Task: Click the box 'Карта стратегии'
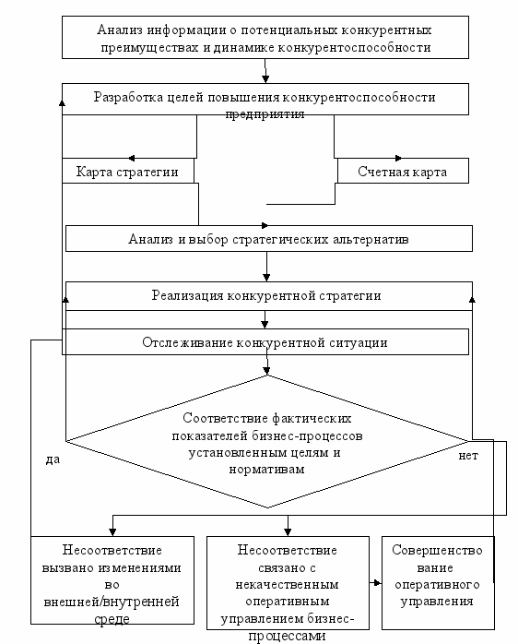click(127, 171)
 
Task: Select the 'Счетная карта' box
click(403, 171)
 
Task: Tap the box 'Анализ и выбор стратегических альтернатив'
click(269, 238)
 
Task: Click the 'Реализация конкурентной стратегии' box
click(269, 296)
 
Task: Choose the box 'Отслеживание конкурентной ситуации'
click(265, 341)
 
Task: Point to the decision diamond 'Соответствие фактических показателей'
click(266, 442)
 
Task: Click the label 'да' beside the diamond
click(53, 459)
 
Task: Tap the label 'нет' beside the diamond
click(468, 456)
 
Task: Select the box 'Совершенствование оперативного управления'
click(438, 583)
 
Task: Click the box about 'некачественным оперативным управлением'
click(288, 583)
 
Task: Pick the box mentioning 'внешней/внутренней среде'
click(112, 580)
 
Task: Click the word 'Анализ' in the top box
click(120, 30)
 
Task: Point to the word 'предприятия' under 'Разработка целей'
click(265, 114)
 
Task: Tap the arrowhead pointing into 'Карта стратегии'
click(131, 158)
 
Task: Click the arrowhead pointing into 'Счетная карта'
click(398, 158)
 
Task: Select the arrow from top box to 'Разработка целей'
click(265, 71)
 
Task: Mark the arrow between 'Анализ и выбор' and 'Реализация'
click(266, 267)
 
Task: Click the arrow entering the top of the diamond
click(266, 364)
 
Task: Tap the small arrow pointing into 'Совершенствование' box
click(375, 582)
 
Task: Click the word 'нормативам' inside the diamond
click(266, 469)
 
